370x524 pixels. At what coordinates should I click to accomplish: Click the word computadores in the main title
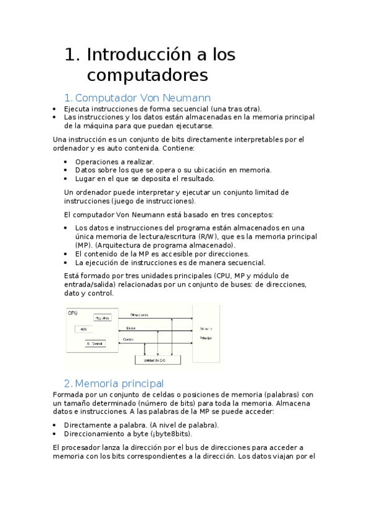148,75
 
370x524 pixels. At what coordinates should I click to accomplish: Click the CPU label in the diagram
73,313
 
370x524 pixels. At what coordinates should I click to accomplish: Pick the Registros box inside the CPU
103,318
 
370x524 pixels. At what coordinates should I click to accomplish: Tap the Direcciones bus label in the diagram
139,315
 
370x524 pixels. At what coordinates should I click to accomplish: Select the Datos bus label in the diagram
131,328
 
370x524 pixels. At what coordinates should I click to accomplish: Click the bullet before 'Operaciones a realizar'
67,162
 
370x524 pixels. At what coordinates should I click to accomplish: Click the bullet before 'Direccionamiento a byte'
56,434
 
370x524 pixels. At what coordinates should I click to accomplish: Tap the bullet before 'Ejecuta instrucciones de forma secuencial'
56,108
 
